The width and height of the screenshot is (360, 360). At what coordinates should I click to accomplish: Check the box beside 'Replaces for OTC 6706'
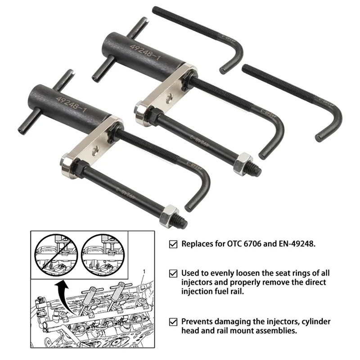tap(173, 244)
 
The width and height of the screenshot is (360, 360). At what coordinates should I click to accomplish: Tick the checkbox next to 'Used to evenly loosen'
tap(173, 273)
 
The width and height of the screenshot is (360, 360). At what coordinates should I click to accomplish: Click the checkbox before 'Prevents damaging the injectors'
tap(173, 322)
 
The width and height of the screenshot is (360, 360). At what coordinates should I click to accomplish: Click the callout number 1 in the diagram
tap(145, 273)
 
